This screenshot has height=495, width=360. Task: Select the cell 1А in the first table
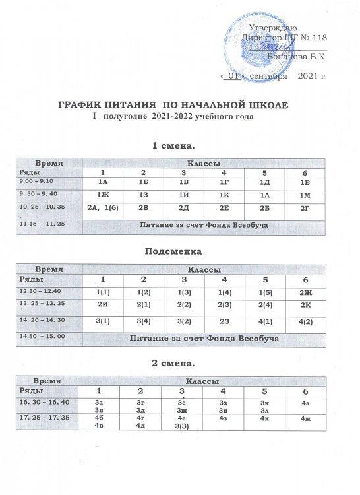(x=102, y=181)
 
